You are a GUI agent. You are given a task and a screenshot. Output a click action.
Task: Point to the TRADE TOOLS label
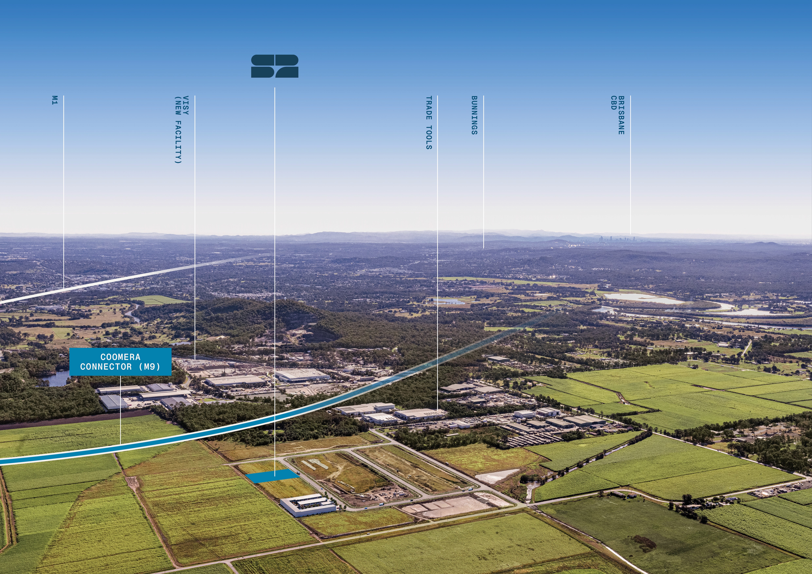coord(429,123)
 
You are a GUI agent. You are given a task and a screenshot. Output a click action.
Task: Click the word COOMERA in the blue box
coord(120,357)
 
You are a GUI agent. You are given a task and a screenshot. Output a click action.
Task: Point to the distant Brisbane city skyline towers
coord(617,239)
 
